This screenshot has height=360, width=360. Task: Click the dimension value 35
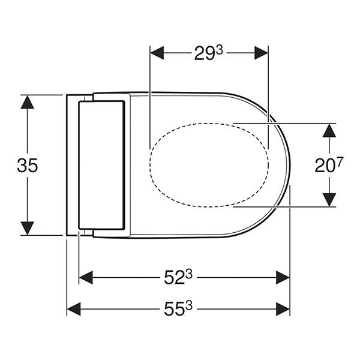(28, 165)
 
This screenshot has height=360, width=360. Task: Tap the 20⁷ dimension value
(328, 165)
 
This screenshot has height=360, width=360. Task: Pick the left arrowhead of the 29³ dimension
(157, 53)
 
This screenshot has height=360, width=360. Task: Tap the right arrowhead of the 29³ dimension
(260, 53)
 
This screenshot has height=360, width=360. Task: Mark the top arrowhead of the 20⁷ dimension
(328, 130)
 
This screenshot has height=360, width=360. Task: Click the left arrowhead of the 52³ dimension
(86, 277)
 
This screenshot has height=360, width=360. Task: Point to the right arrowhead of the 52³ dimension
(282, 277)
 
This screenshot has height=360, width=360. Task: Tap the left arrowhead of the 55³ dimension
(74, 309)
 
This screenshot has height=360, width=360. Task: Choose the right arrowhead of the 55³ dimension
(282, 309)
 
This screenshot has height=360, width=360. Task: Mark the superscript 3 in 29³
(220, 49)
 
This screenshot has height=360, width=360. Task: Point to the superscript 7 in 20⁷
(338, 161)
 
